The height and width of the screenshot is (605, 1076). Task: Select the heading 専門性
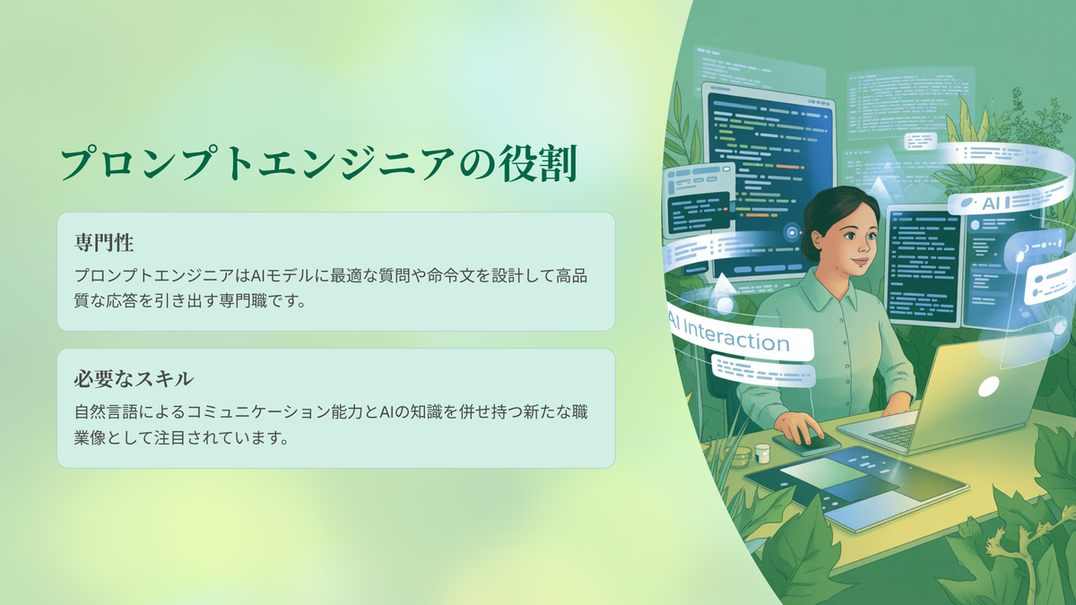(x=104, y=243)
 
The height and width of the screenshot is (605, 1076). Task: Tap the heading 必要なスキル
(x=134, y=379)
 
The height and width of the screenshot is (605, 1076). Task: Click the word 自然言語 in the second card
(x=106, y=412)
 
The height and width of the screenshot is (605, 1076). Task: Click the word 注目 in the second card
(x=169, y=438)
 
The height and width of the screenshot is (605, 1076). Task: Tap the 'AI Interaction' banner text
(x=729, y=335)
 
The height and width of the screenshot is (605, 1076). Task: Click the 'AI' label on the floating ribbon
(x=991, y=203)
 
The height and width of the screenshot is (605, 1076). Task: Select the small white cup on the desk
(x=762, y=453)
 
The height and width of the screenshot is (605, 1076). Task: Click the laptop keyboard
(x=892, y=435)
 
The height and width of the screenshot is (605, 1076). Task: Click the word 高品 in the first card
(x=572, y=276)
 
